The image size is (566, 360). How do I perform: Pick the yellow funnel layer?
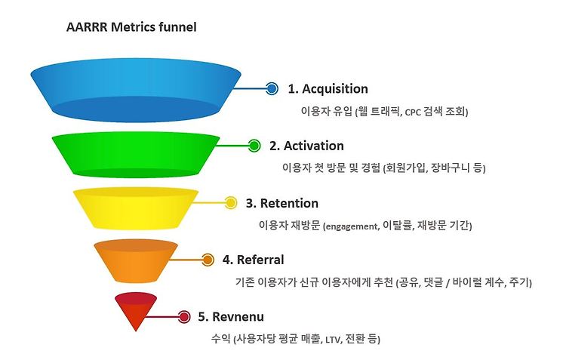pyautogui.click(x=136, y=208)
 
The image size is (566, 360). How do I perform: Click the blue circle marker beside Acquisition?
pyautogui.click(x=272, y=89)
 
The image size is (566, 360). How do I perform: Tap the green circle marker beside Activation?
pyautogui.click(x=254, y=146)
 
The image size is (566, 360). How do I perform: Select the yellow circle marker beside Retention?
pyautogui.click(x=232, y=203)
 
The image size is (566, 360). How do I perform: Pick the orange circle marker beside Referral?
pyautogui.click(x=208, y=260)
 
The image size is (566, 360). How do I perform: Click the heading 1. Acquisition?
pyautogui.click(x=328, y=89)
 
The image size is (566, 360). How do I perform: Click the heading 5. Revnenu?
pyautogui.click(x=232, y=317)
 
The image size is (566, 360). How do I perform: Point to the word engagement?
pyautogui.click(x=351, y=226)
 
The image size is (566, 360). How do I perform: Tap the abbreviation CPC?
pyautogui.click(x=414, y=112)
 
